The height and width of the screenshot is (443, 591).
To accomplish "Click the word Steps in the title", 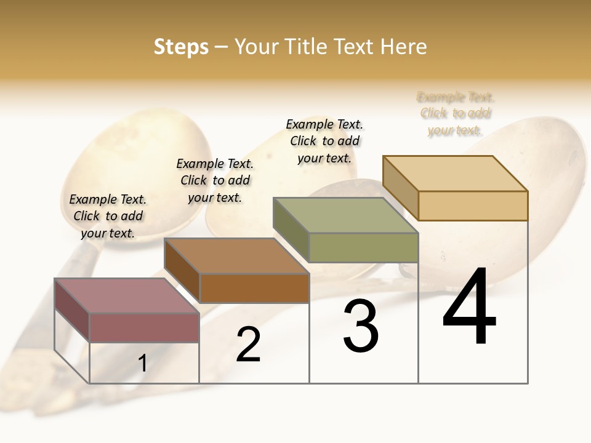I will coord(181,47).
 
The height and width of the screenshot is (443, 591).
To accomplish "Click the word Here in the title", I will coord(403,47).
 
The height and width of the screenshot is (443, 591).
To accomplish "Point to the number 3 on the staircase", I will coord(361,325).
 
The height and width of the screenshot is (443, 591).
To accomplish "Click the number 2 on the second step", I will coord(248,345).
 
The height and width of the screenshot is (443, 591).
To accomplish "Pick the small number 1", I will coord(143,364).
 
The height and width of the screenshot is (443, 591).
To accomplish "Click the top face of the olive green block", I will coord(345,215).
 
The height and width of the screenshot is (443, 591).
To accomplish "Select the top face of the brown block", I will coord(236,256).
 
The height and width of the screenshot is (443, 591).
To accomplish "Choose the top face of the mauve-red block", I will coord(127,296).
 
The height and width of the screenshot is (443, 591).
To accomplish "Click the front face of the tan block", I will coord(473,206).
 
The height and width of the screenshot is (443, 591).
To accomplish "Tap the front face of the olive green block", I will coord(363,247).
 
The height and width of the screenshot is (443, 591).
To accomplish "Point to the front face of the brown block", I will coord(254,288).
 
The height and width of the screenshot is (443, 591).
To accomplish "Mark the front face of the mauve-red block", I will coord(144,327).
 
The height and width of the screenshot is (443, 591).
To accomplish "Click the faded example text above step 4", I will coord(455,114).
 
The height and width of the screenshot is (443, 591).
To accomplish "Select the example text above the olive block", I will coord(324,141).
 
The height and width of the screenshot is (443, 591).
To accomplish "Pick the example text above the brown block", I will coord(215,180).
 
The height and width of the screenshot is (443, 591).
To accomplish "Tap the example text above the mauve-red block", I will coord(108,216).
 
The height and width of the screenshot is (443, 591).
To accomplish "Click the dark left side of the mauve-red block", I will coord(72,310).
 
